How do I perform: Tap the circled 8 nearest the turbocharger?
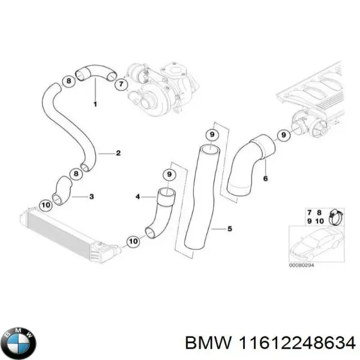[70, 81]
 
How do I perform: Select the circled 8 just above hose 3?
[76, 174]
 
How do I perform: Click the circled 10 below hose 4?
[132, 242]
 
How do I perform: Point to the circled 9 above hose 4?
[169, 175]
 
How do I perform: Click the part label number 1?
[94, 104]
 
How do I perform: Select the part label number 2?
[118, 153]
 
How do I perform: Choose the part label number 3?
[91, 196]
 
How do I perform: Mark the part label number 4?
[137, 196]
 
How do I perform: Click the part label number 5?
[229, 229]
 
